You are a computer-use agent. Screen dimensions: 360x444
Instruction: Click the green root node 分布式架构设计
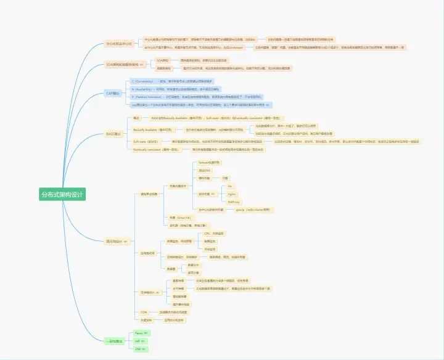point(60,194)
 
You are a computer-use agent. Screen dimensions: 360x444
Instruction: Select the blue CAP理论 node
point(113,93)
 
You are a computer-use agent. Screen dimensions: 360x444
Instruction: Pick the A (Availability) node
point(146,89)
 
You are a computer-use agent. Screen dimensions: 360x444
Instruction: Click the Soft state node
point(146,141)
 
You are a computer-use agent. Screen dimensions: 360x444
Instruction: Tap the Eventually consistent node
point(152,149)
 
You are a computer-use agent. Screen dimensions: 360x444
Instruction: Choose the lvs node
point(230,186)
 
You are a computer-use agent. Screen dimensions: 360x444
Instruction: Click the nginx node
point(232,194)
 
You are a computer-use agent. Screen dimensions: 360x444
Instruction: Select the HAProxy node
point(234,202)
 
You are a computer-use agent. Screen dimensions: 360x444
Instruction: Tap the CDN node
point(144,312)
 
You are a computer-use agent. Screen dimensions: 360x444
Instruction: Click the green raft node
point(138,341)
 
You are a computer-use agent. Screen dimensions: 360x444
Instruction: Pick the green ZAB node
point(139,349)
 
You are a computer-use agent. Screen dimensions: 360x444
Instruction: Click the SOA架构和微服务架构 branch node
point(124,64)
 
